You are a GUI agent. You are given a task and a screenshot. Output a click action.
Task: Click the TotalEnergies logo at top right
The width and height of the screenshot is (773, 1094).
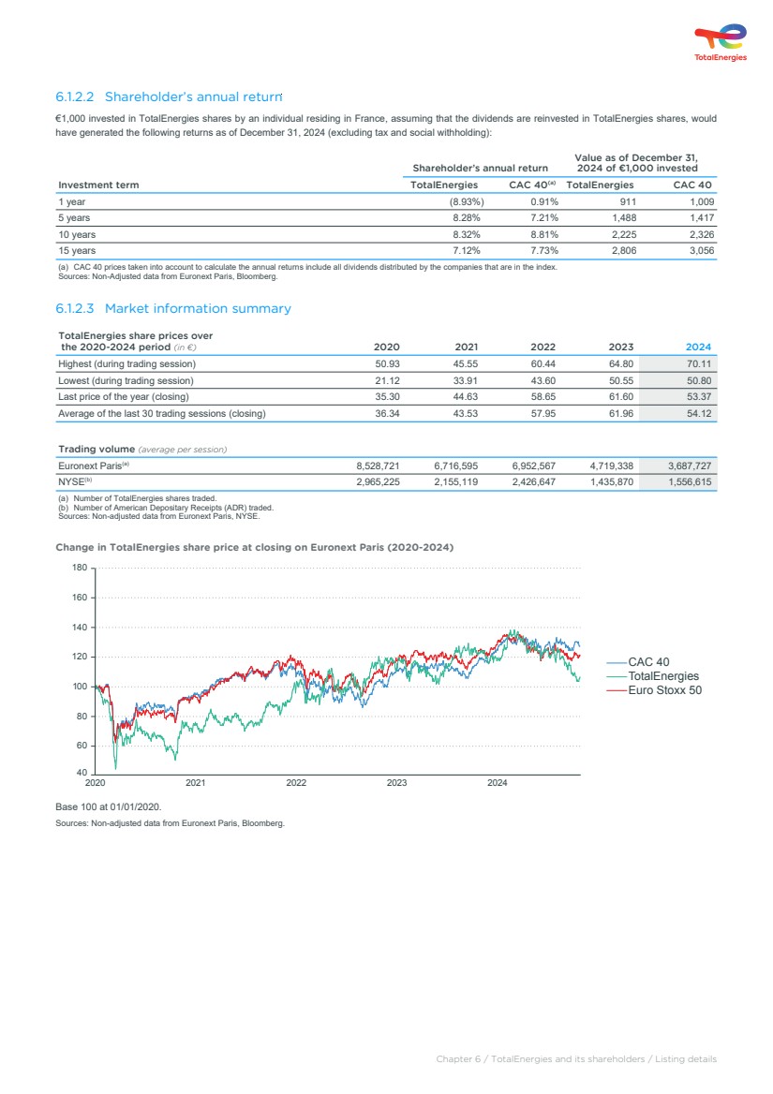(x=720, y=43)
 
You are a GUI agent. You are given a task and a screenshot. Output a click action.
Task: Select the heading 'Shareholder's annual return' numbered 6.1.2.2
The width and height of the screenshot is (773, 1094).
(x=169, y=96)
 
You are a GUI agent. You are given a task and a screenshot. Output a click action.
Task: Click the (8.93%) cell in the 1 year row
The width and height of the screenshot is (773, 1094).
(x=467, y=201)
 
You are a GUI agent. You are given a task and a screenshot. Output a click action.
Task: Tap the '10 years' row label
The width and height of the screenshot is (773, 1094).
(x=77, y=234)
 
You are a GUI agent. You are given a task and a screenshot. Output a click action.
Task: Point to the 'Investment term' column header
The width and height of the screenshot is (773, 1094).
(x=98, y=185)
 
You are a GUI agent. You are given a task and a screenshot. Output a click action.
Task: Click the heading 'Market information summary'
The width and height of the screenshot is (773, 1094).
(x=173, y=308)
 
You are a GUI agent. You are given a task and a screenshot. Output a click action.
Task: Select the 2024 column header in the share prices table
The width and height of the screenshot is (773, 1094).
(x=698, y=347)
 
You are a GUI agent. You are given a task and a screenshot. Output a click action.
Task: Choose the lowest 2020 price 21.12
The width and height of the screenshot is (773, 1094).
(x=387, y=380)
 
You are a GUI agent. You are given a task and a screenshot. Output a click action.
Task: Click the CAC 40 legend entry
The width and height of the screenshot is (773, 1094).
(x=648, y=662)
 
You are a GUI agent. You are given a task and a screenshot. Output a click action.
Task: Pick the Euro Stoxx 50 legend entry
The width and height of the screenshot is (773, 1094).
(x=664, y=690)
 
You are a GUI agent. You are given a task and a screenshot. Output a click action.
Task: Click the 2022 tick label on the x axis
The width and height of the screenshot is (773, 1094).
(x=296, y=782)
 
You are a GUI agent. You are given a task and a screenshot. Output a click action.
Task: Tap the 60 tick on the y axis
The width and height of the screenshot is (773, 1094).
(x=81, y=746)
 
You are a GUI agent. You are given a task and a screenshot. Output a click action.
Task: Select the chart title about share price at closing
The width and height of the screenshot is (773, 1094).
(x=255, y=547)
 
